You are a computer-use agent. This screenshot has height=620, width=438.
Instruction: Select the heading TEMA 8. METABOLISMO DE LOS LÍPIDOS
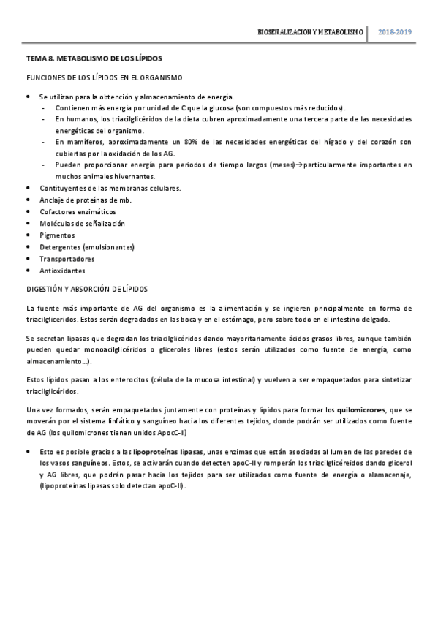(x=94, y=58)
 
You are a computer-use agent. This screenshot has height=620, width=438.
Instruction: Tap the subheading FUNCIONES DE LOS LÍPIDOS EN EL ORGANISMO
(x=104, y=77)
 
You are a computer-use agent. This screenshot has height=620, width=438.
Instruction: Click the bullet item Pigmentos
(x=57, y=235)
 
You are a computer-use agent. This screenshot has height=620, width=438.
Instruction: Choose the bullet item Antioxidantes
(x=62, y=271)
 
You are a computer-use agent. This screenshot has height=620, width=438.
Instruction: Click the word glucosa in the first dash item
(x=227, y=107)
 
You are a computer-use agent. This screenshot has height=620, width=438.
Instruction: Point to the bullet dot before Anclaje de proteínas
(x=29, y=200)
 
